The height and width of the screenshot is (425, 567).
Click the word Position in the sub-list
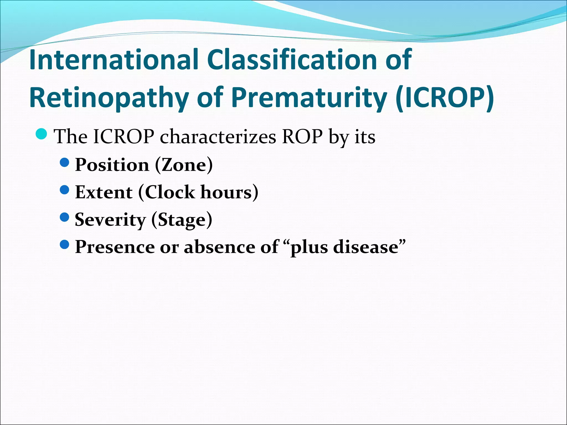pyautogui.click(x=112, y=165)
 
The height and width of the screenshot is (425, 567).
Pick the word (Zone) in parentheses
pyautogui.click(x=184, y=165)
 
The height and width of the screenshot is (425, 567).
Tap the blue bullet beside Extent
pyautogui.click(x=64, y=190)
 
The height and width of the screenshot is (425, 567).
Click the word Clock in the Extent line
pyautogui.click(x=170, y=192)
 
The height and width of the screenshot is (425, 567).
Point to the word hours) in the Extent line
pyautogui.click(x=229, y=192)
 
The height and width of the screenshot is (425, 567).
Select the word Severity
pyautogui.click(x=110, y=220)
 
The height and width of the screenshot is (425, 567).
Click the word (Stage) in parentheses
pyautogui.click(x=182, y=220)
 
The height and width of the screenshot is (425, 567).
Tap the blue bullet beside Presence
pyautogui.click(x=64, y=244)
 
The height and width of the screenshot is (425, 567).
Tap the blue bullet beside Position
pyautogui.click(x=64, y=162)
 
